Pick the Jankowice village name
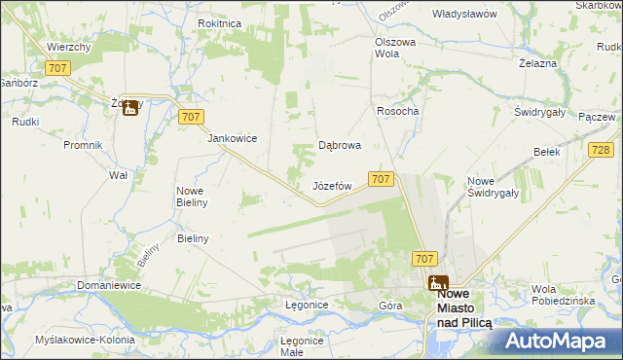[x=232, y=138]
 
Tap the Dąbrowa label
[x=341, y=145]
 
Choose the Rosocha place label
[x=397, y=111]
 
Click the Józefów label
[x=331, y=185]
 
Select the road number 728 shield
[x=600, y=148]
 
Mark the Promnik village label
[x=83, y=146]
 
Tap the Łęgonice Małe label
[x=301, y=346]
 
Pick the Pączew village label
[x=597, y=117]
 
